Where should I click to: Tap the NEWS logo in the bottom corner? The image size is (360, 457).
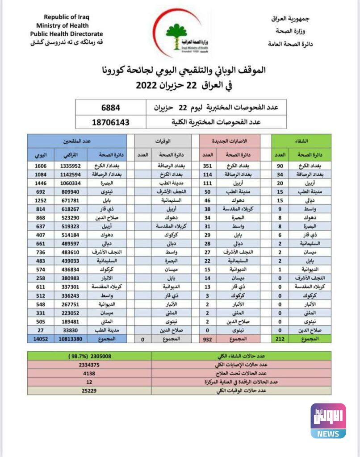pos(328,420)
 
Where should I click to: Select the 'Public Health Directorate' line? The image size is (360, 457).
pos(67,34)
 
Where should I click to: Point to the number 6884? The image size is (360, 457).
pos(111,108)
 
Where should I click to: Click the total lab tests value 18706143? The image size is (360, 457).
pos(111,122)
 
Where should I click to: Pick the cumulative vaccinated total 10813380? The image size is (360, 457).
pos(71,339)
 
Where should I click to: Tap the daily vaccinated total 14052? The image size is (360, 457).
pos(41,339)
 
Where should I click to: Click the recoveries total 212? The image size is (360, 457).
pos(280,339)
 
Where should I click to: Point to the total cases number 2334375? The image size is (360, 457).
pos(89,365)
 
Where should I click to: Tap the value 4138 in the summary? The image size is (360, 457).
pos(89,373)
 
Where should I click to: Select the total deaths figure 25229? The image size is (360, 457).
pos(89,391)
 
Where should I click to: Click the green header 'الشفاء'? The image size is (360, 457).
pos(301,141)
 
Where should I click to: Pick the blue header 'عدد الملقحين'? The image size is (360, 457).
pos(77,141)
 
